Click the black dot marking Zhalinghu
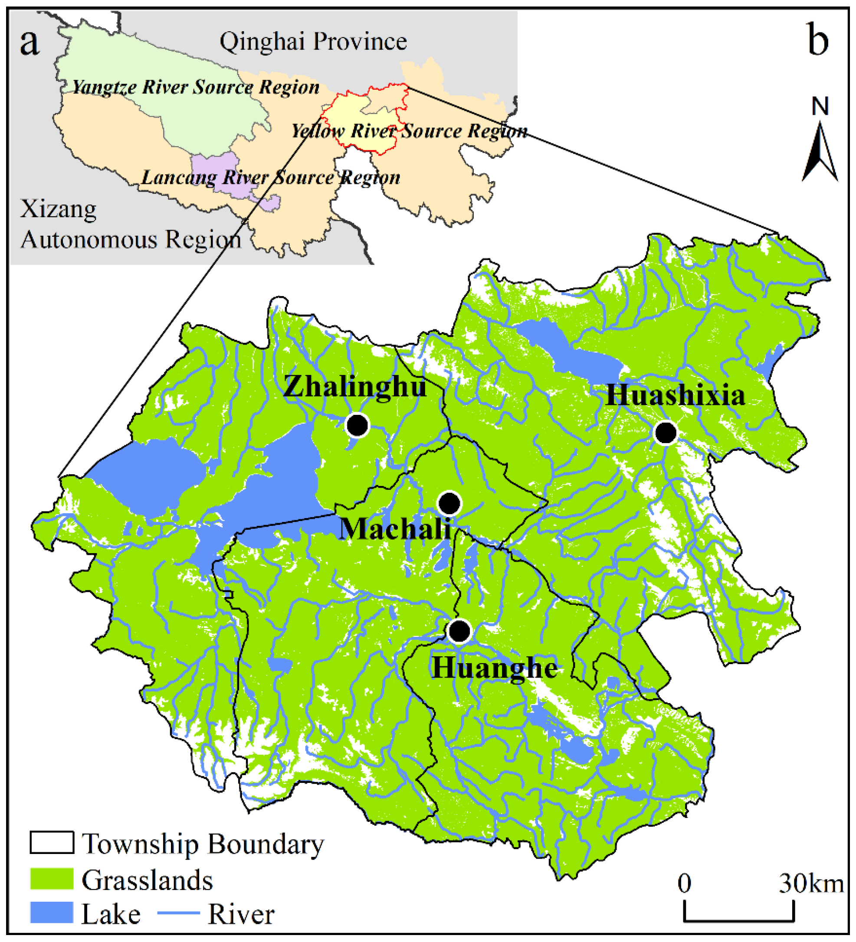coord(357,425)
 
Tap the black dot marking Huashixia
coord(665,432)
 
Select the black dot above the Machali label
coord(449,503)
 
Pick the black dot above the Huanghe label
coord(459,631)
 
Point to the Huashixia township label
coord(675,395)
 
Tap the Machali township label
coord(395,529)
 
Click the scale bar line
coord(738,920)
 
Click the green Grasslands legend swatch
coord(52,879)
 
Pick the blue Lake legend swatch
coord(52,913)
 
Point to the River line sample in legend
coord(178,913)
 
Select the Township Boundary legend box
coord(52,842)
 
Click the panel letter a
coord(30,42)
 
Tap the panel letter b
coord(818,41)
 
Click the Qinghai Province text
coord(313,42)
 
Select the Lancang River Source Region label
coord(271,178)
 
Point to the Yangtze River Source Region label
coord(196,87)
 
